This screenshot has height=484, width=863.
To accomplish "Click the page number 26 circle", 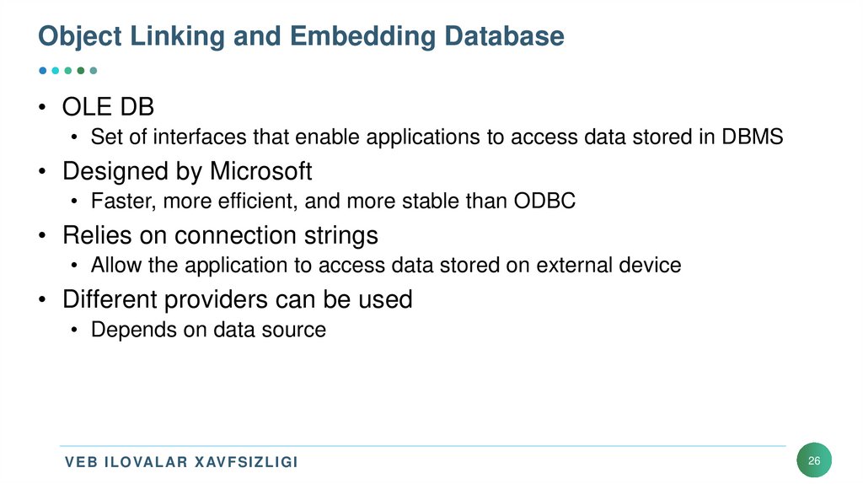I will point(813,461).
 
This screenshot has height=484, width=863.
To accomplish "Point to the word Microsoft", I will point(260,172).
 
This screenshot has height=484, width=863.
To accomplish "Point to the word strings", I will point(340,235).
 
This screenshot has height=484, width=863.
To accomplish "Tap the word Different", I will point(114,299).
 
